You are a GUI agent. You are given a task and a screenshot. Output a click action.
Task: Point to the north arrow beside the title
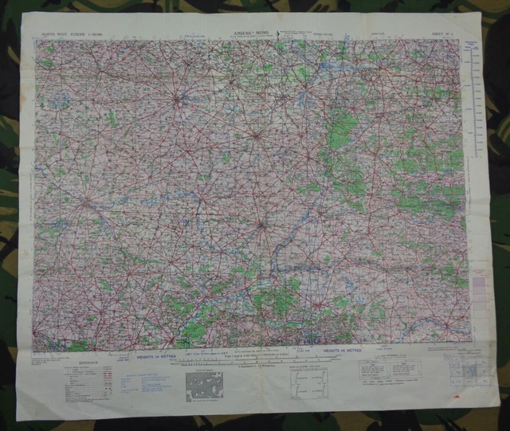coord(279,33)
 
